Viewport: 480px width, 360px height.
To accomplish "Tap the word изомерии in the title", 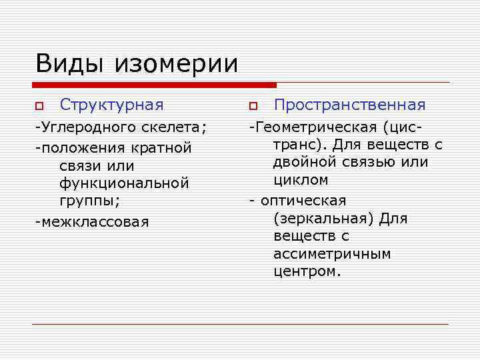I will (x=176, y=64).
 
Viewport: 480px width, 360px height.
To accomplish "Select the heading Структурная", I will (x=111, y=105).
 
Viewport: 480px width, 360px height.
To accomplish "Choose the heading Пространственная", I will (x=349, y=105).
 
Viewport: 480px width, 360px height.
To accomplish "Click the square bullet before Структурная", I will (x=39, y=106).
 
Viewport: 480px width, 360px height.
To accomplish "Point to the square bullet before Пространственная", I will (x=253, y=106).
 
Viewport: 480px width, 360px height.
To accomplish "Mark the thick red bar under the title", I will (x=154, y=85).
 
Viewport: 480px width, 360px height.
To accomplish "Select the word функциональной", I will (x=124, y=182).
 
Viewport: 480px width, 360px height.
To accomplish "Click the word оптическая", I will (x=304, y=201).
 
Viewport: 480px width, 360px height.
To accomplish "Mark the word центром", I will (x=305, y=272).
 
